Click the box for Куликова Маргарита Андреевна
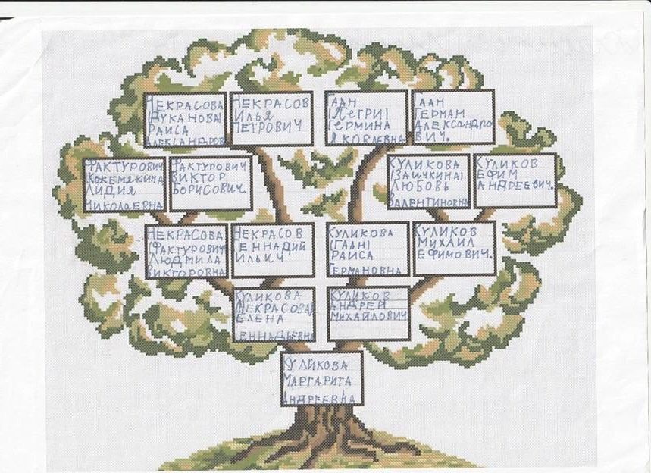[321, 377]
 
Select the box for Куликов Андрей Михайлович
[368, 313]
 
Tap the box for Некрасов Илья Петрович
[271, 118]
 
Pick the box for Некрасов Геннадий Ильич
[272, 249]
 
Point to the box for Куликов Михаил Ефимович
[454, 249]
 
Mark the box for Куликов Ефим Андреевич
[515, 180]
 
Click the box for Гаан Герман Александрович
[453, 117]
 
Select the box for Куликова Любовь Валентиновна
[428, 182]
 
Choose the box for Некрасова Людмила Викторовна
[186, 250]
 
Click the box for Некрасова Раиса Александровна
[185, 120]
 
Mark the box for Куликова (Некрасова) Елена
[274, 315]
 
